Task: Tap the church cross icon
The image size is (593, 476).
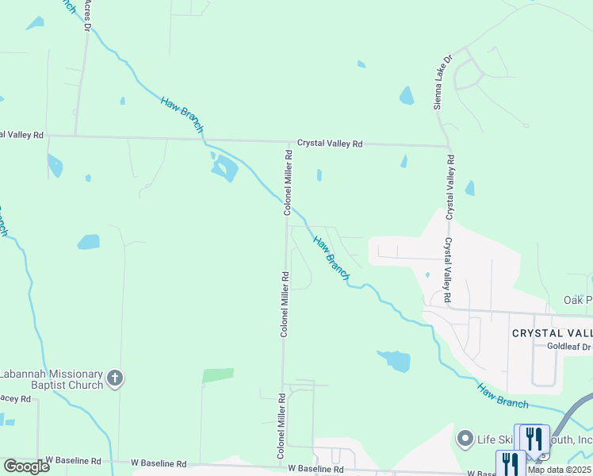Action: pos(115,378)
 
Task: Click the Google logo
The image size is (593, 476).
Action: pos(26,466)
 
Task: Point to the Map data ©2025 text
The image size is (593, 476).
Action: pos(559,470)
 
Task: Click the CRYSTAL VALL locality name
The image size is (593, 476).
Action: pos(552,333)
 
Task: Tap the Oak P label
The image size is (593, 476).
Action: pos(578,300)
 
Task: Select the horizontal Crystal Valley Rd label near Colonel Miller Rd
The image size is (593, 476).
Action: pos(329,144)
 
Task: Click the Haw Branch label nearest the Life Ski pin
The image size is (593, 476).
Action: pos(503,396)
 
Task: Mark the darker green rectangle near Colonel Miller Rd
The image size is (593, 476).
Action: pos(218,375)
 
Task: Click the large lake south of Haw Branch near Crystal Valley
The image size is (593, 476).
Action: pos(394,361)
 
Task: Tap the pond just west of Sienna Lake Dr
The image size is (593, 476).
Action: pos(407,96)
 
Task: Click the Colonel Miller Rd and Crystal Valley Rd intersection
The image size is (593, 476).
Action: pos(287,143)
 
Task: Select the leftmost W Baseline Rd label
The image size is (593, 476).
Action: pos(73,460)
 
